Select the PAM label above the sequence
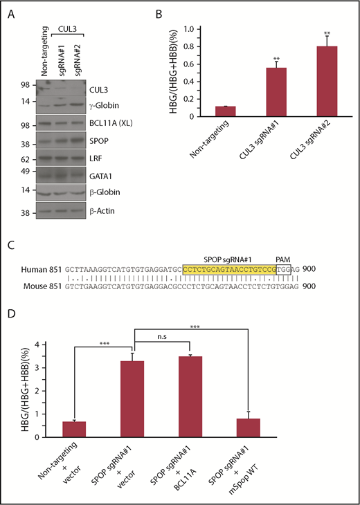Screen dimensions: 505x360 283,255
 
